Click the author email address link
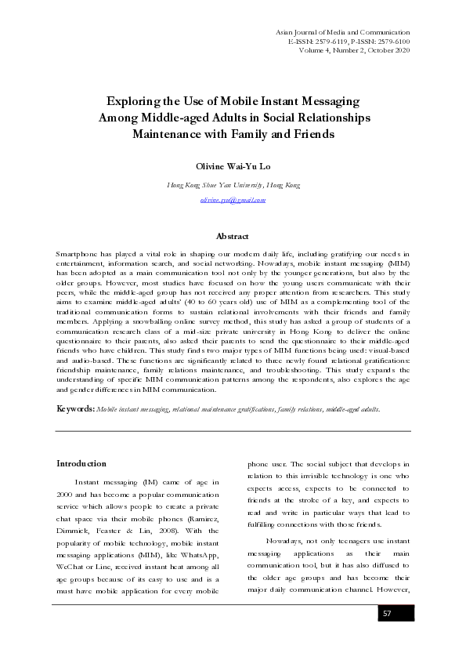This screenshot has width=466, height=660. coord(233,200)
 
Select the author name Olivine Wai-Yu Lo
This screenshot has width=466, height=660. coord(233,166)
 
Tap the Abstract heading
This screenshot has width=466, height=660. coord(233,236)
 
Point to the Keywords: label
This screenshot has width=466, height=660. coord(76,409)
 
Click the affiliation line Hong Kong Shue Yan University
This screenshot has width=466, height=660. coord(233,185)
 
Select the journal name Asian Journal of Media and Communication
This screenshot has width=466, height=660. coord(343,30)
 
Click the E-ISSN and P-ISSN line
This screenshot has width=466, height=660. coord(349,40)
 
